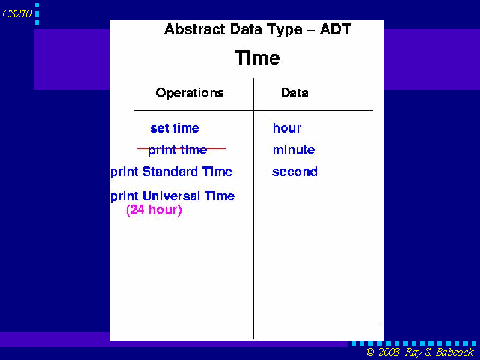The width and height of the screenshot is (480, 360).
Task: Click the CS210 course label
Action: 17,13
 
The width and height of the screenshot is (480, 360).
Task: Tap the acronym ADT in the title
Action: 335,30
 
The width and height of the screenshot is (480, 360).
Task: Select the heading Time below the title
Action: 257,58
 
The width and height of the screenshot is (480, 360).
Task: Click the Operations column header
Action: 190,92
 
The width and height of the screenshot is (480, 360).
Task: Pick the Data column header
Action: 295,92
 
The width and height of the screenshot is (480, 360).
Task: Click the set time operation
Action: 175,128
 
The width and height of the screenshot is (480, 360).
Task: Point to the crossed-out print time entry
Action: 178,150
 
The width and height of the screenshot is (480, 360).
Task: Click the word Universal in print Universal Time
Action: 172,196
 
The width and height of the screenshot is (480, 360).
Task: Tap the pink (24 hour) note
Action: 154,210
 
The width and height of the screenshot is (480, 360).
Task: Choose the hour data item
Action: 287,128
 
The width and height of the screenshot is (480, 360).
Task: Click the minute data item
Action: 294,150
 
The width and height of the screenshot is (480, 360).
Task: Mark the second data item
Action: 295,172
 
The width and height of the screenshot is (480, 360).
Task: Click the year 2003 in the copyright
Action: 388,352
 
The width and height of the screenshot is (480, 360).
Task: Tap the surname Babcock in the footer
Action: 454,352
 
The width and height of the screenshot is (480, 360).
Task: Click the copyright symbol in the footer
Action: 370,352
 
